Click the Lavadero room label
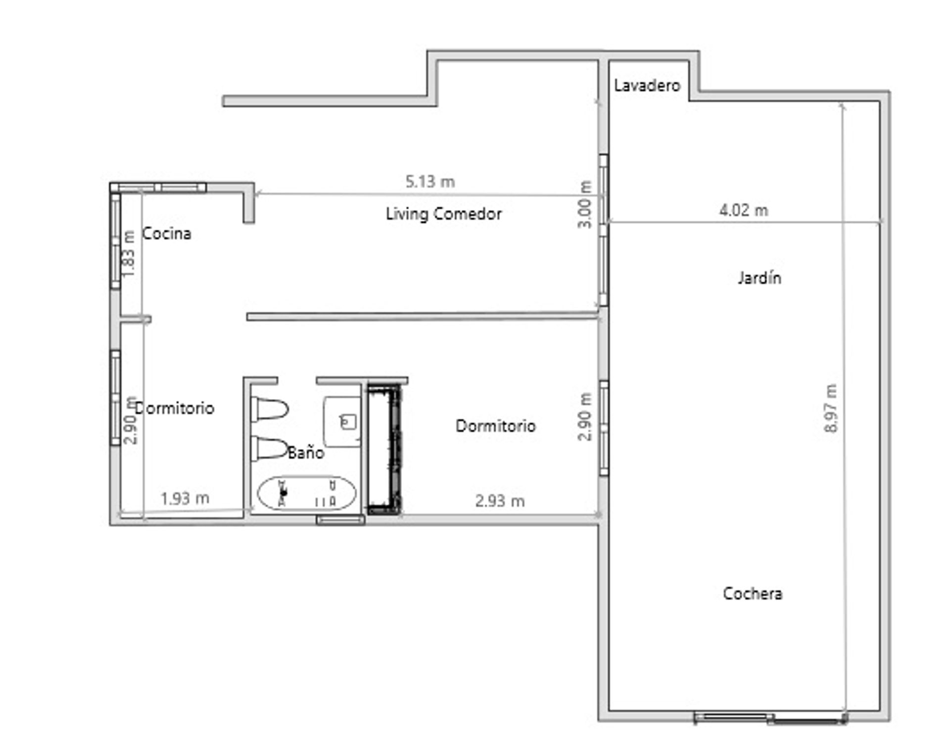[x=647, y=86]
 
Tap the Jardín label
[x=760, y=278]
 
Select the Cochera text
[x=753, y=593]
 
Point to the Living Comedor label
[x=444, y=214]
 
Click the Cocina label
[x=167, y=233]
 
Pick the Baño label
[x=306, y=452]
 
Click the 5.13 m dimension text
[x=430, y=182]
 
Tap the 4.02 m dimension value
[x=744, y=210]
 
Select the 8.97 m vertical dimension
[x=831, y=408]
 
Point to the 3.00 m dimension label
[x=585, y=204]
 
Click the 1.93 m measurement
[x=185, y=498]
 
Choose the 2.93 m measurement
[x=500, y=501]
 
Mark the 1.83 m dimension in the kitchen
[x=128, y=253]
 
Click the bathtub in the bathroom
[x=307, y=493]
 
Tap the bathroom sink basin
[x=342, y=421]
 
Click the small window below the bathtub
[x=340, y=519]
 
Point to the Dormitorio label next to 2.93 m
[x=495, y=426]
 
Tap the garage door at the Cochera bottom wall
[x=770, y=718]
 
